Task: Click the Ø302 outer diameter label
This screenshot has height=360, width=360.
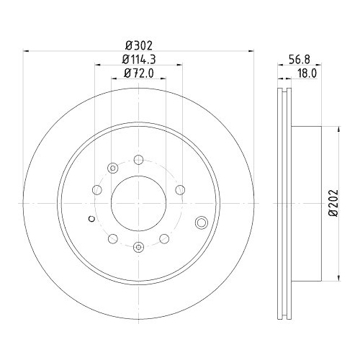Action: [x=138, y=43]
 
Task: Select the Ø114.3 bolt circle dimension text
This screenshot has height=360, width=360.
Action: [x=138, y=57]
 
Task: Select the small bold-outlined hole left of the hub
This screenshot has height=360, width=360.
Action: [x=90, y=219]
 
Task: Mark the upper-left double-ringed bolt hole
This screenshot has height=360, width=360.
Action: [x=112, y=168]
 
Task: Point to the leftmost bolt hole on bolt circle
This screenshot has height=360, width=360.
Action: [x=96, y=190]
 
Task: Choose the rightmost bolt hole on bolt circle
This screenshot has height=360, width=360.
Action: [x=179, y=190]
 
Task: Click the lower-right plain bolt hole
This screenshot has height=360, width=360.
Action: [x=163, y=238]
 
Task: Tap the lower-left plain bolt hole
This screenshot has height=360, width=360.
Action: [x=112, y=238]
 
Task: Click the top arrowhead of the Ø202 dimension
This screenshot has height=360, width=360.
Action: [x=339, y=130]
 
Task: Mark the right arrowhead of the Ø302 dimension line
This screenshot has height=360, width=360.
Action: [x=252, y=50]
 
